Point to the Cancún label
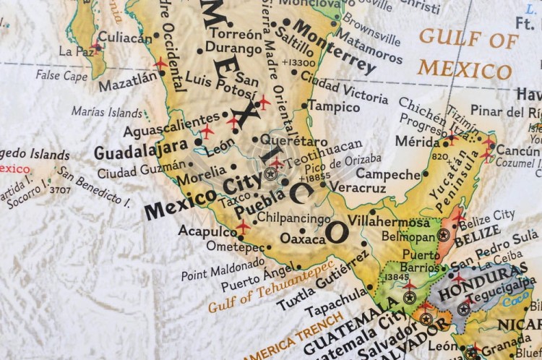[x=517, y=151]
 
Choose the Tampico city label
[x=334, y=106]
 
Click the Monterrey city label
[x=335, y=47]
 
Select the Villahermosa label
[x=389, y=222]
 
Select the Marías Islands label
[x=107, y=112]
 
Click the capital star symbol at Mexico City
[x=271, y=173]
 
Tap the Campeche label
[x=387, y=174]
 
